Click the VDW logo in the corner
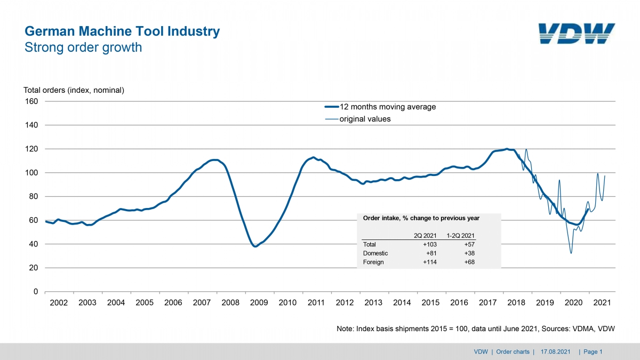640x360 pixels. [x=577, y=34]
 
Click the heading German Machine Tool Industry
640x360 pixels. [x=122, y=31]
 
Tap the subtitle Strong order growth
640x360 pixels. [x=83, y=47]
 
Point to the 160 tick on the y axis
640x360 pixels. [x=31, y=101]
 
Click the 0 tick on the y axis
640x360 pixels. [x=35, y=292]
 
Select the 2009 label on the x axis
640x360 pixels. [x=259, y=302]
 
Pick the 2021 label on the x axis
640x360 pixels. [x=602, y=302]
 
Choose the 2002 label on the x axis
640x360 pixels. [x=59, y=302]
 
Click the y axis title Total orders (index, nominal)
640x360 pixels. [x=74, y=90]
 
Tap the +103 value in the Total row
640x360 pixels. [x=430, y=244]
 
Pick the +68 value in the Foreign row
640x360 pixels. [x=469, y=262]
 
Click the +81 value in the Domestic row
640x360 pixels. [x=431, y=253]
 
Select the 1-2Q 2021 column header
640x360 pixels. [x=461, y=236]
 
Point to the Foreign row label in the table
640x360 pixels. [x=373, y=262]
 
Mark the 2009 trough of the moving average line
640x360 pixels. [x=255, y=246]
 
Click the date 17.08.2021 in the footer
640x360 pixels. [x=555, y=351]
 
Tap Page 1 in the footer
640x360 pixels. [x=593, y=351]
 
